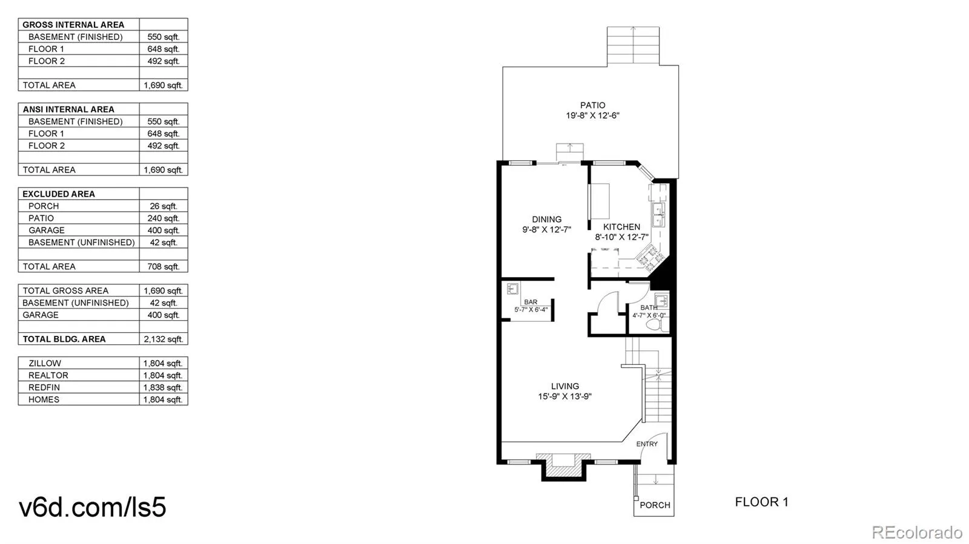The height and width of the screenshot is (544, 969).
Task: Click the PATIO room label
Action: tap(592, 105)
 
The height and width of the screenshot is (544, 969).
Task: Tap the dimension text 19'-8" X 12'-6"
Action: tap(592, 116)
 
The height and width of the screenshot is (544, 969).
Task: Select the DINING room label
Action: tap(546, 220)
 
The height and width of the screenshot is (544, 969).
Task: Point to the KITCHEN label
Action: tap(621, 227)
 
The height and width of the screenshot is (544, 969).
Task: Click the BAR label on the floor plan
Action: tap(531, 302)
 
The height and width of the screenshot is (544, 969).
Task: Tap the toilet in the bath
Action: tap(653, 325)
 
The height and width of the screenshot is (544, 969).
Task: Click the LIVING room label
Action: tap(564, 386)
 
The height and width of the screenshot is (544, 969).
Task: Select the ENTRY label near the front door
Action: tap(647, 444)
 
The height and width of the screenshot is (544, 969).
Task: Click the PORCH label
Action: tap(655, 505)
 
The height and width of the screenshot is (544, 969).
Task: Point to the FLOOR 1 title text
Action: tap(761, 502)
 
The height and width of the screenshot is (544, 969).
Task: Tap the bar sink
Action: tap(512, 289)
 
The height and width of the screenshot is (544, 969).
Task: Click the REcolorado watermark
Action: tap(916, 533)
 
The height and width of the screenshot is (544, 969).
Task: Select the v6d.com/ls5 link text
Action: tap(93, 507)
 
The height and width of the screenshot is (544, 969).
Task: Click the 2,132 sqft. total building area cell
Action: tap(163, 339)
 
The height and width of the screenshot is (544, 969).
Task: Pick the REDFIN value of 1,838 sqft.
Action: tap(163, 387)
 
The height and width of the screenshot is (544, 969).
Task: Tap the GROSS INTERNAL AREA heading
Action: tap(73, 25)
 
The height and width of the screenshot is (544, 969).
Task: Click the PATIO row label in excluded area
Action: tap(41, 218)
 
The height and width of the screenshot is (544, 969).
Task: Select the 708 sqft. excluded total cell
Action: tap(163, 266)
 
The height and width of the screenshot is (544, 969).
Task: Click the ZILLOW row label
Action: tap(45, 363)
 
